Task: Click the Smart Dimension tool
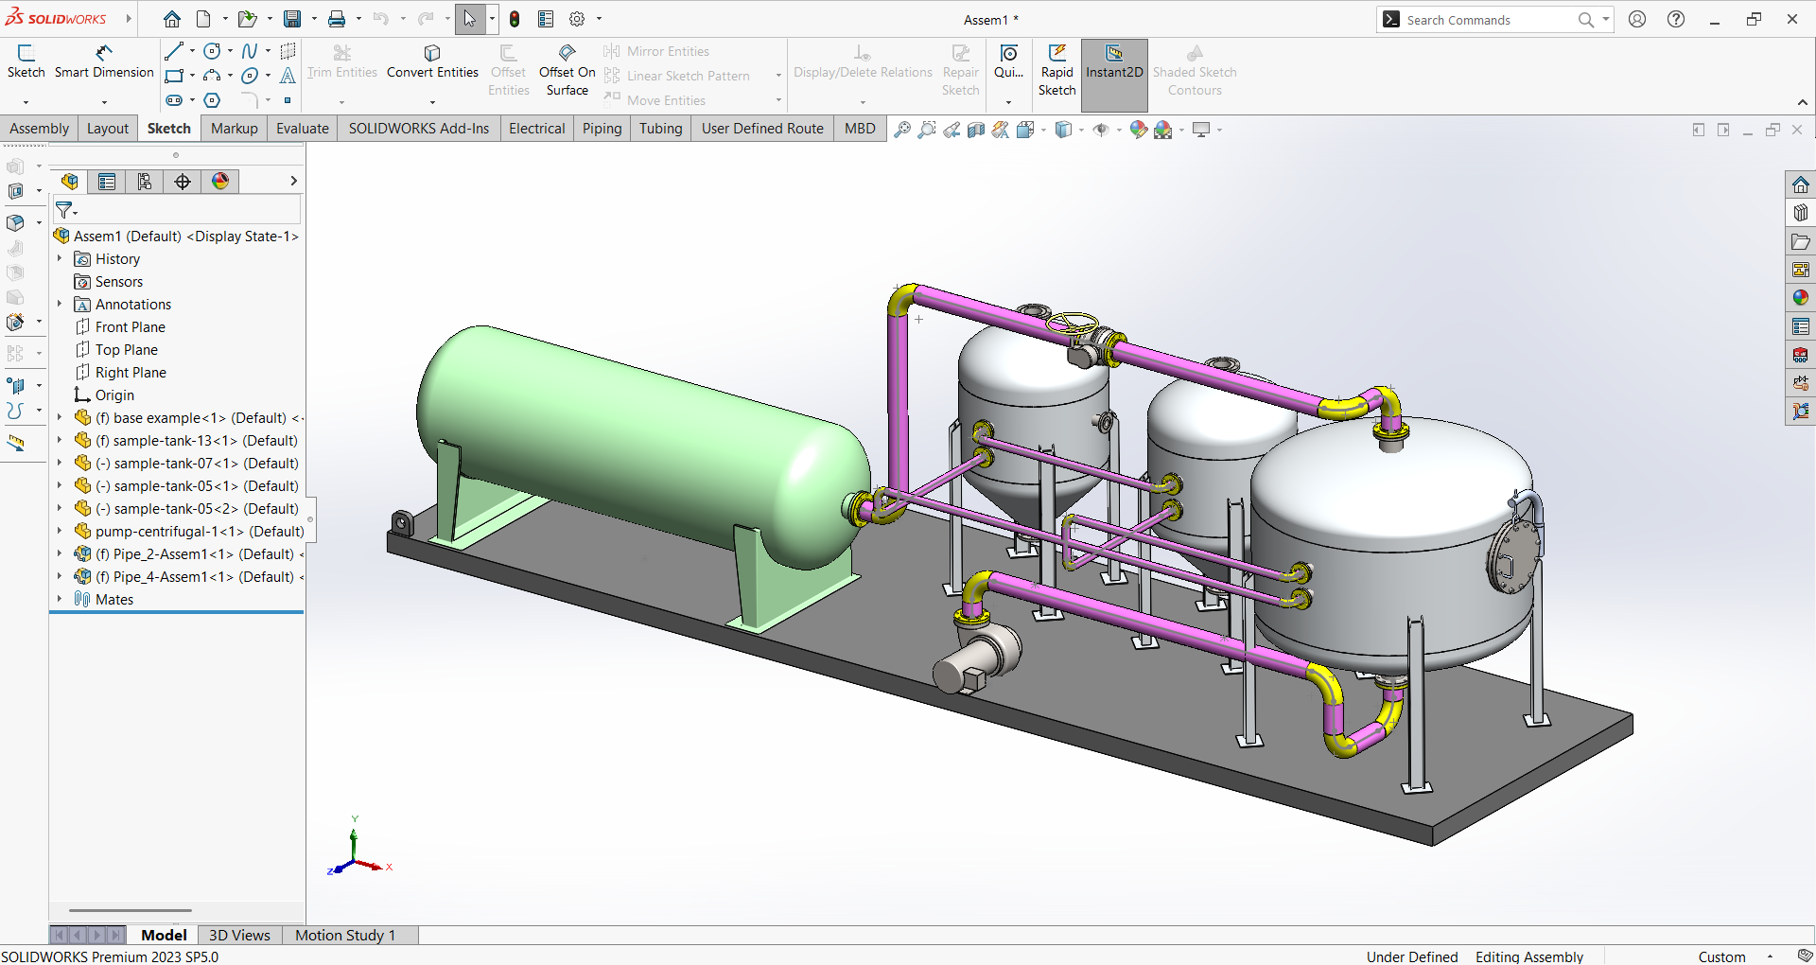click(x=104, y=61)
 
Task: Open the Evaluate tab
click(x=302, y=129)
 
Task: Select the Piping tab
click(x=602, y=129)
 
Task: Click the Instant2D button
click(x=1114, y=62)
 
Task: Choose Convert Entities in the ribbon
click(x=432, y=61)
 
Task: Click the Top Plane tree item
click(x=126, y=350)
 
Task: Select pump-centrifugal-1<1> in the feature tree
click(x=199, y=532)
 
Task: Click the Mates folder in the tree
click(x=113, y=600)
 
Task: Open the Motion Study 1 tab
click(x=344, y=935)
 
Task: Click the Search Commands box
click(x=1485, y=20)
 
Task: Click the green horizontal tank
click(x=624, y=445)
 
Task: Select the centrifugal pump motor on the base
click(x=974, y=658)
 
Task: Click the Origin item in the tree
click(x=114, y=395)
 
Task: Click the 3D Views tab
click(x=239, y=935)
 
